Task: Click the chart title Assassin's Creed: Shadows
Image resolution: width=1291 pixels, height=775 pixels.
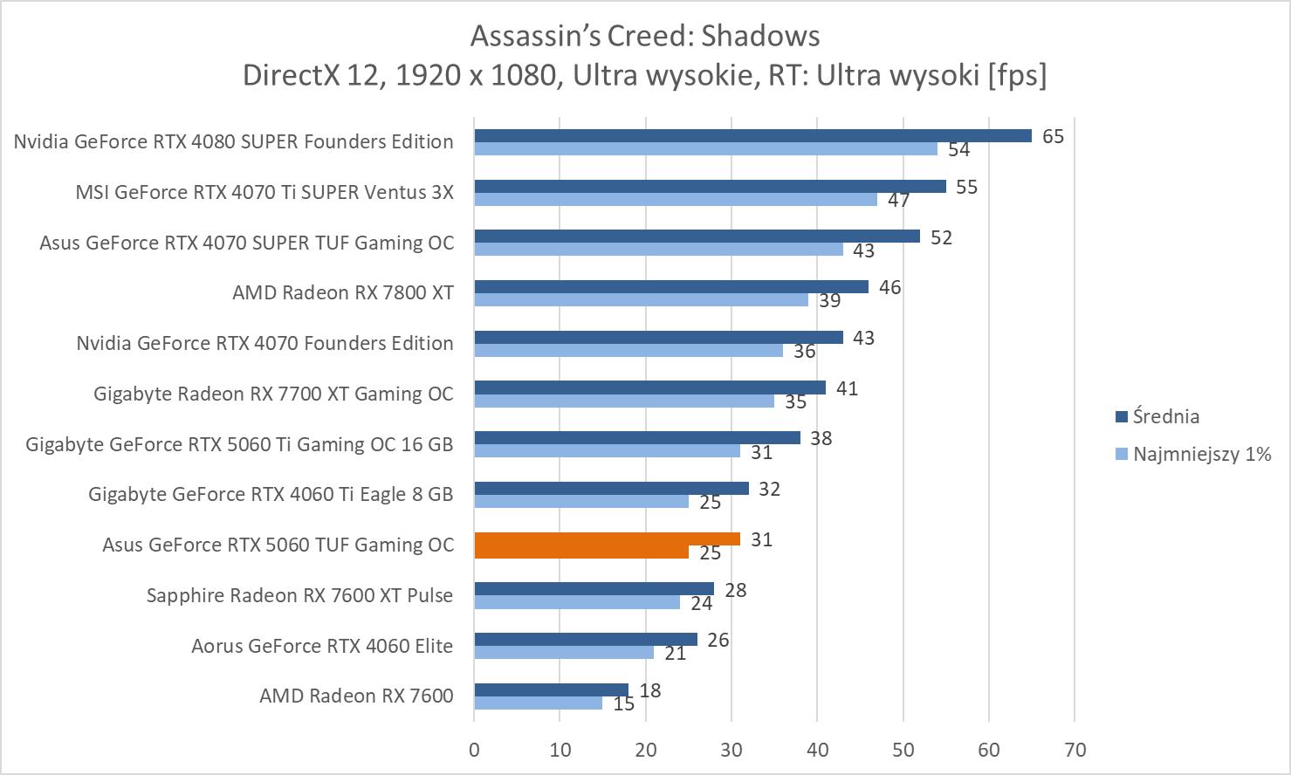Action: (645, 36)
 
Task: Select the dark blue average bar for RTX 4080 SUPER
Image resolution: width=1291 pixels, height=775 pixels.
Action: (752, 135)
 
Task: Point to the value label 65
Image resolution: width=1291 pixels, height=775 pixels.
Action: (1053, 136)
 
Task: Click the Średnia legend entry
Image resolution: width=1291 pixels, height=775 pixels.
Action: (1165, 416)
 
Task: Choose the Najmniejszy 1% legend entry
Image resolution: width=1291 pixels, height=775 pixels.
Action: (1201, 454)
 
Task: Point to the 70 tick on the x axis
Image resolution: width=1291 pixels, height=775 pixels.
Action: (1075, 750)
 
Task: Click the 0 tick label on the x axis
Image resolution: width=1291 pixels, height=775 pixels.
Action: (474, 750)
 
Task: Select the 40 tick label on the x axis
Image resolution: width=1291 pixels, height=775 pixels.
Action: (817, 750)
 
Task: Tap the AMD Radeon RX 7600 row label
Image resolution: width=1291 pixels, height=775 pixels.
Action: (356, 696)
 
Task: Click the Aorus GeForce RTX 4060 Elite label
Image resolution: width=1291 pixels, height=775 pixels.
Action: (322, 646)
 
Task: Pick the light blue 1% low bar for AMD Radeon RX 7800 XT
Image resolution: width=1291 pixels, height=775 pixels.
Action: (641, 299)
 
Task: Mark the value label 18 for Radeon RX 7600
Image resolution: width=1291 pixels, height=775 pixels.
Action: (649, 690)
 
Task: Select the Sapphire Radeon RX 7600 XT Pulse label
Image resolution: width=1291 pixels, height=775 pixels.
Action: (299, 595)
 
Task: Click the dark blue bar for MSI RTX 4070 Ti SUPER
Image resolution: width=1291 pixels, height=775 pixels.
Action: (710, 186)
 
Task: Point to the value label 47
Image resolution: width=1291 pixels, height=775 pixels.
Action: (899, 200)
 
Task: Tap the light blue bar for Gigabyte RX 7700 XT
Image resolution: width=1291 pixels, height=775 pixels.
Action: (623, 401)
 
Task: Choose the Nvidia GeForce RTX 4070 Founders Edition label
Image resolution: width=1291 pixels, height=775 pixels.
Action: (264, 343)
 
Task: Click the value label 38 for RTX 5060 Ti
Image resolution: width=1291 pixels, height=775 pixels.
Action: (821, 438)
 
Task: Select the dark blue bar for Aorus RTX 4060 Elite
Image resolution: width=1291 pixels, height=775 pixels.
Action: (585, 640)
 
